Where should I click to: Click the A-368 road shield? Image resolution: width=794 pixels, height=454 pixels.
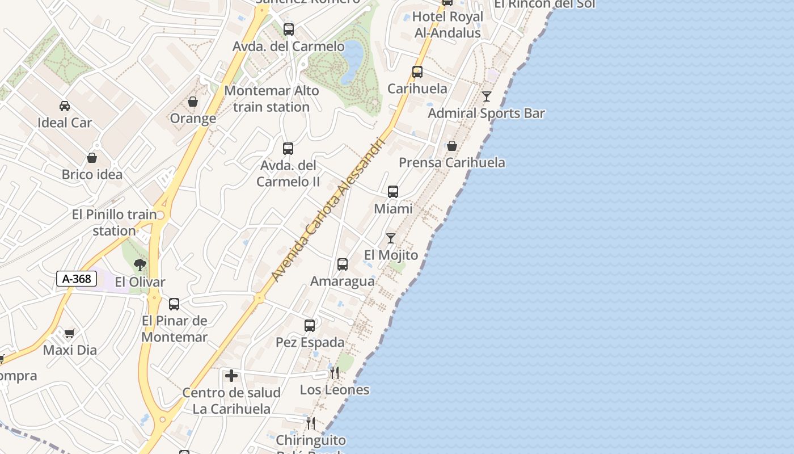(x=77, y=279)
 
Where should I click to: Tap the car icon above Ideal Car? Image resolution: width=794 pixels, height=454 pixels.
(x=65, y=106)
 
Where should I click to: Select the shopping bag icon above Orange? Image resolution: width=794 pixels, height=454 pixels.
(x=193, y=102)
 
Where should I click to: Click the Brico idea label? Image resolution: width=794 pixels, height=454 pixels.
(x=92, y=174)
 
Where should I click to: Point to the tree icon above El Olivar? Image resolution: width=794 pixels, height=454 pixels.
(x=140, y=264)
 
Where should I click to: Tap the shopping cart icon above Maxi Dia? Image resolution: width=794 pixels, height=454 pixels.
(x=69, y=333)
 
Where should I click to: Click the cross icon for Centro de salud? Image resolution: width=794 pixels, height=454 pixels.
(x=231, y=376)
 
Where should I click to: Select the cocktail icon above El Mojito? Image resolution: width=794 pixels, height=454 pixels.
(x=391, y=238)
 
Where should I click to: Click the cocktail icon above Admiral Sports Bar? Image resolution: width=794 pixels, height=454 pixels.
(x=487, y=96)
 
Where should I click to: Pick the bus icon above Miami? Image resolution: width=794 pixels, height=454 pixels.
(x=393, y=192)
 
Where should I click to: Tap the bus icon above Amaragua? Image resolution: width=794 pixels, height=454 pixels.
(x=343, y=264)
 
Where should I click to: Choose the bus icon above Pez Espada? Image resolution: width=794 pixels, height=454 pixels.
(x=310, y=326)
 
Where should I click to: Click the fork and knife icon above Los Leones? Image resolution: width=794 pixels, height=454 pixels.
(x=335, y=373)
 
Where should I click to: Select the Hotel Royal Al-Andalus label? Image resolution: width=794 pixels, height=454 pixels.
(x=447, y=25)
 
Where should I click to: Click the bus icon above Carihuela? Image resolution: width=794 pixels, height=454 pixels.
(x=417, y=72)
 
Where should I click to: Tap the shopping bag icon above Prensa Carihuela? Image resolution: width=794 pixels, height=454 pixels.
(x=452, y=146)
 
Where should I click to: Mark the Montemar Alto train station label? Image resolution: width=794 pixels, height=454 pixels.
(x=272, y=99)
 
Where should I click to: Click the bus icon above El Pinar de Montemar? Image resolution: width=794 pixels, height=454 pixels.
(x=174, y=304)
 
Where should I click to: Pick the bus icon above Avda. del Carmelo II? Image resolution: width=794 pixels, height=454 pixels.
(x=288, y=149)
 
